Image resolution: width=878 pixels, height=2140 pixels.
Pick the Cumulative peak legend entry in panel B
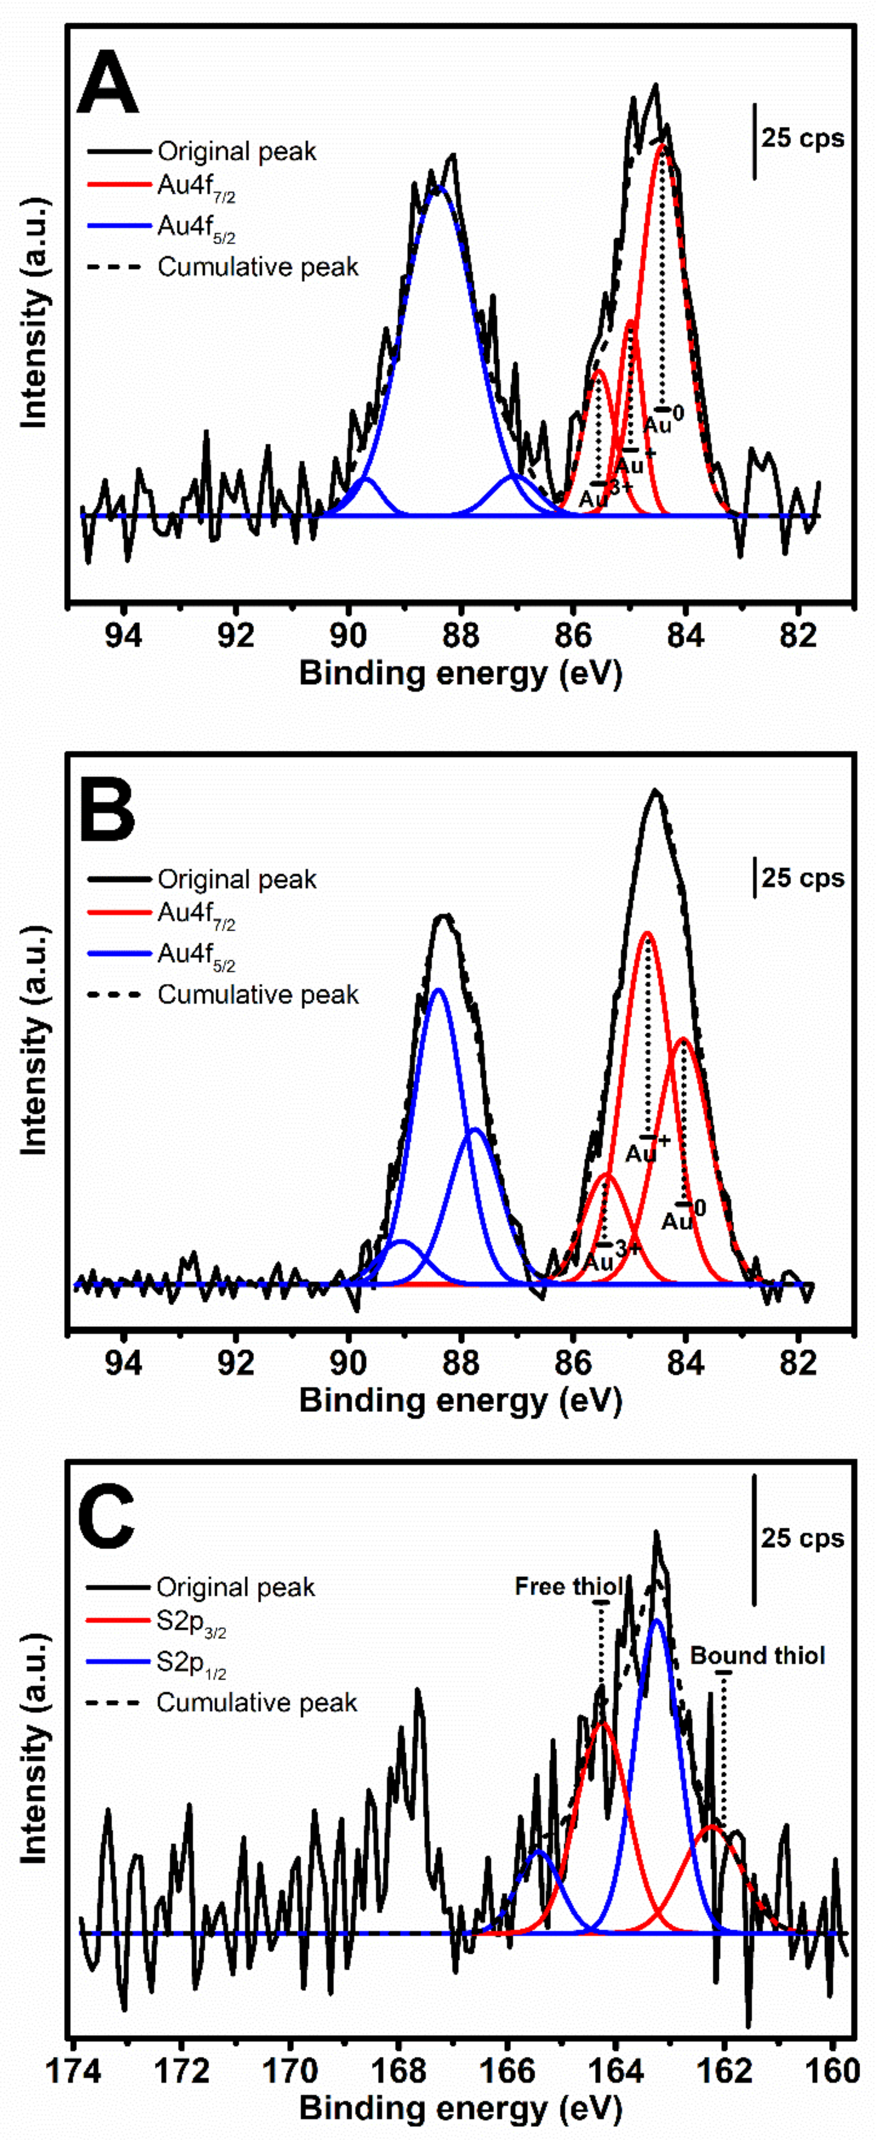pyautogui.click(x=258, y=995)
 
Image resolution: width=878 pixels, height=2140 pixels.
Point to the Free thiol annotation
pyautogui.click(x=569, y=1587)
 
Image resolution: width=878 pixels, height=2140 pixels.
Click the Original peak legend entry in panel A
pyautogui.click(x=237, y=151)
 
